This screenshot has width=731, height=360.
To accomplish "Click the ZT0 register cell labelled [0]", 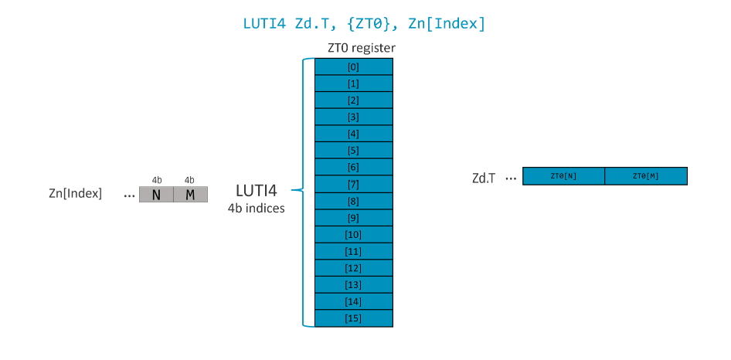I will click(x=353, y=67).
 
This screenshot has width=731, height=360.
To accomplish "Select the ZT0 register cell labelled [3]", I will click(x=353, y=117).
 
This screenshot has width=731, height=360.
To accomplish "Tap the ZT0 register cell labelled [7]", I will click(x=353, y=184).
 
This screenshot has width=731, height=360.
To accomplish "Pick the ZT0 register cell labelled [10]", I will click(x=353, y=234).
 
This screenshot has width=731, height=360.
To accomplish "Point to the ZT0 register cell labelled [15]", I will click(x=353, y=318).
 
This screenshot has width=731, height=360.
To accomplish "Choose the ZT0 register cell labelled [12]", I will click(x=353, y=267).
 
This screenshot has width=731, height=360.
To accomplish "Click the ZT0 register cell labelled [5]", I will click(x=353, y=151).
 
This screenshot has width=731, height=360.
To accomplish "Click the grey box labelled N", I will click(x=156, y=194).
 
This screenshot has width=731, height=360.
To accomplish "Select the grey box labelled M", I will click(x=190, y=194).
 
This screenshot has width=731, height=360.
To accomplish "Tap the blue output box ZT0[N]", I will click(x=563, y=176).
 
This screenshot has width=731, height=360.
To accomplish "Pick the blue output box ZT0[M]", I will click(x=645, y=176).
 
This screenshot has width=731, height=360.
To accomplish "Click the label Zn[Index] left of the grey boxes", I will click(x=75, y=193).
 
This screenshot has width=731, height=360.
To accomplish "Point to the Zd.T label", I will click(x=484, y=178).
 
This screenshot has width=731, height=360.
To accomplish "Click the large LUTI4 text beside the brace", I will click(x=256, y=190).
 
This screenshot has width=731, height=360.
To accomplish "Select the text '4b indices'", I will click(x=256, y=208).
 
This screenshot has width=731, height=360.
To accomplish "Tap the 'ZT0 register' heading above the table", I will click(x=362, y=48).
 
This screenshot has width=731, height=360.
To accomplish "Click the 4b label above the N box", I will click(x=156, y=180).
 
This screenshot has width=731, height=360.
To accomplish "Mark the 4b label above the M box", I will click(x=190, y=180).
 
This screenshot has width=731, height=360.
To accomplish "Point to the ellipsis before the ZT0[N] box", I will click(x=510, y=178).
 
